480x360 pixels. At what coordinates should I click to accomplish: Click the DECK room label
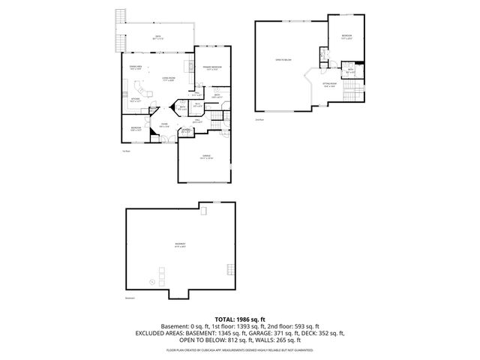click(x=158, y=37)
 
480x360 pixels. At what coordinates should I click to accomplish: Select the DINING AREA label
click(x=136, y=68)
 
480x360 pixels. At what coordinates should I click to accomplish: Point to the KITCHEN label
click(x=136, y=99)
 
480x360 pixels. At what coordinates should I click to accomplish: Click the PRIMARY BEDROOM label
click(x=211, y=68)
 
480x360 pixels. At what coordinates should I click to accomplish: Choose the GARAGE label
click(x=205, y=157)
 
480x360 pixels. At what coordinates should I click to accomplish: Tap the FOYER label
click(x=163, y=126)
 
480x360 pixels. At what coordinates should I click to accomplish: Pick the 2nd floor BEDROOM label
click(x=346, y=37)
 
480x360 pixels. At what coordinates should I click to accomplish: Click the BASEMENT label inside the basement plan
click(x=181, y=245)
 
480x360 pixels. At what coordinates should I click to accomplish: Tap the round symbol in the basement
click(x=152, y=281)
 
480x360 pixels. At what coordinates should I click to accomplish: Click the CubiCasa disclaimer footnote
click(x=239, y=350)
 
